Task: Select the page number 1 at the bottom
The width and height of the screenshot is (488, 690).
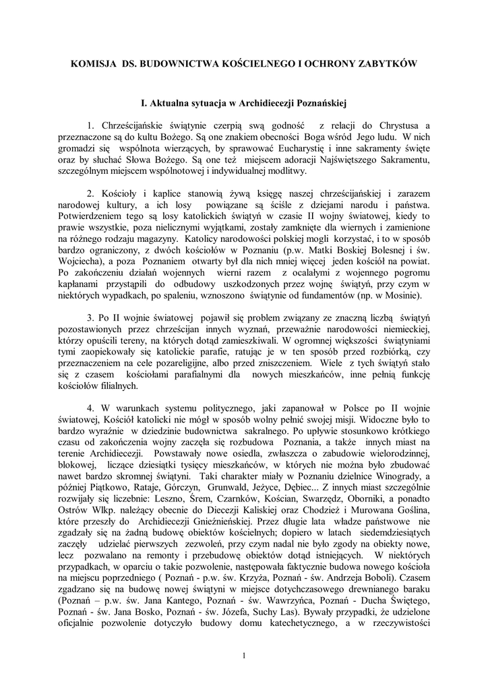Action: (244, 655)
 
